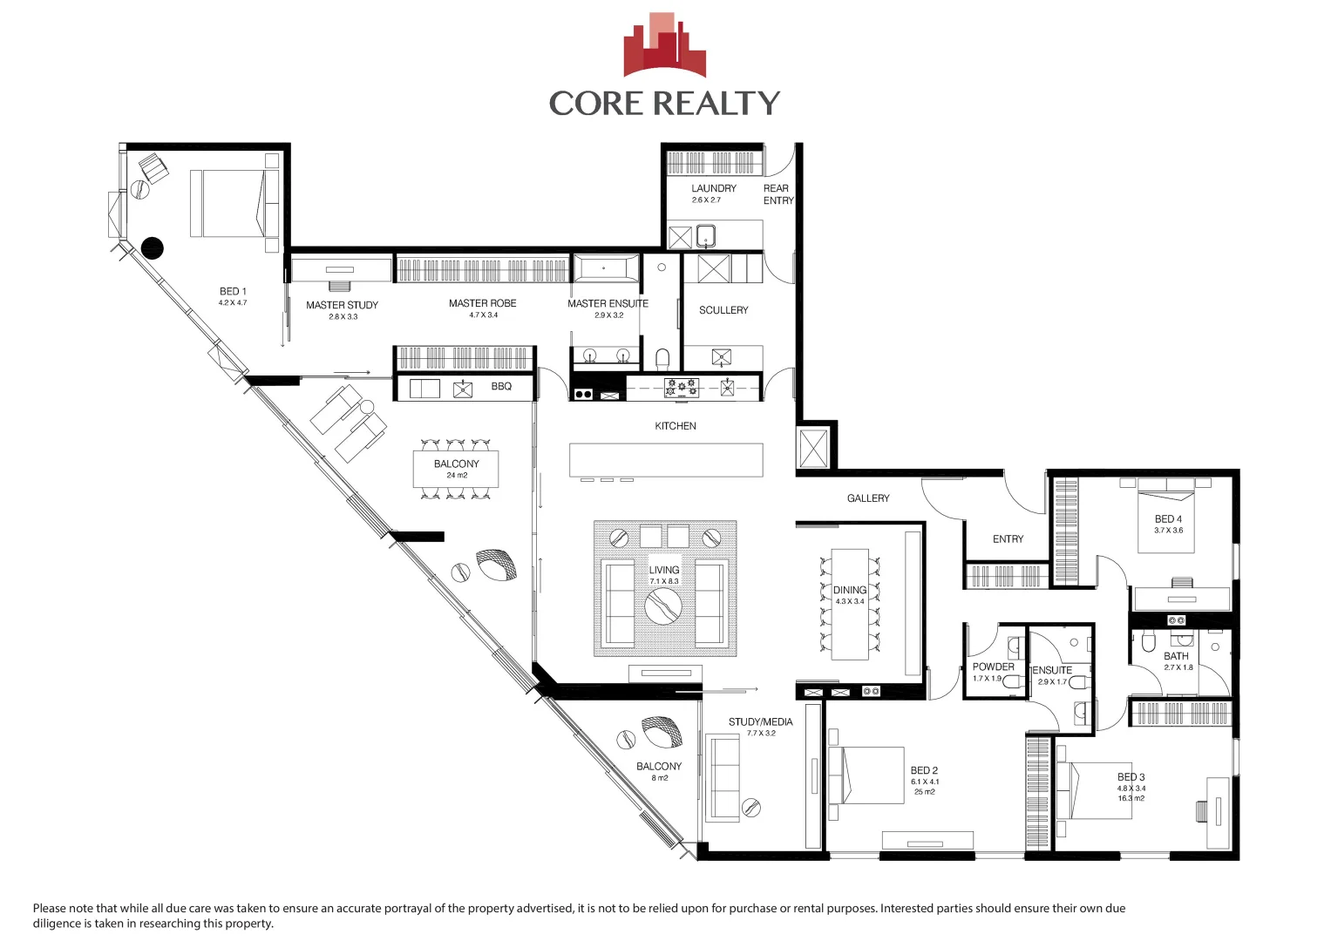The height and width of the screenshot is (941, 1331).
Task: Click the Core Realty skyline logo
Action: pyautogui.click(x=664, y=45)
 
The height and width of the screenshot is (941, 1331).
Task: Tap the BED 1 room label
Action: pyautogui.click(x=233, y=291)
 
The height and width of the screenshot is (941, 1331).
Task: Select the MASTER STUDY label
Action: pyautogui.click(x=342, y=305)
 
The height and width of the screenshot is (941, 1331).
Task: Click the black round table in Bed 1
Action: pyautogui.click(x=153, y=248)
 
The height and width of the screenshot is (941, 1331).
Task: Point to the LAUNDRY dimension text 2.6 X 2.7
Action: pyautogui.click(x=706, y=200)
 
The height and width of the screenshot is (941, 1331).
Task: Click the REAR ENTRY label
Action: pyautogui.click(x=778, y=194)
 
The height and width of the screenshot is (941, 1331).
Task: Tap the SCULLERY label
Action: pyautogui.click(x=723, y=310)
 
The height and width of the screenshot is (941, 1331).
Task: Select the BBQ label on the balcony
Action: pyautogui.click(x=501, y=386)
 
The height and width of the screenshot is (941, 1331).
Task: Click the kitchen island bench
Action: pyautogui.click(x=666, y=459)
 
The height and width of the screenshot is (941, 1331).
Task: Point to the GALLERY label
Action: pyautogui.click(x=868, y=498)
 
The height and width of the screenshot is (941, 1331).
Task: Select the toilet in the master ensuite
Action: pyautogui.click(x=662, y=358)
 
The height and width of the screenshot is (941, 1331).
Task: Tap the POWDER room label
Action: pyautogui.click(x=993, y=667)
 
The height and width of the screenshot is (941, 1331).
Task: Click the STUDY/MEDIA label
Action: pyautogui.click(x=760, y=721)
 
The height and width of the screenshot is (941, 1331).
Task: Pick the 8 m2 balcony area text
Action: pyautogui.click(x=660, y=778)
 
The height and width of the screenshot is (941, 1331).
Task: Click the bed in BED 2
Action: pyautogui.click(x=867, y=775)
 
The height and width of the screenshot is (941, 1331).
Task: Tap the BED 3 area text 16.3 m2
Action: pyautogui.click(x=1131, y=798)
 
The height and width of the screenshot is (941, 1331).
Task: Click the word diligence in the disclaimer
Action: pyautogui.click(x=58, y=924)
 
